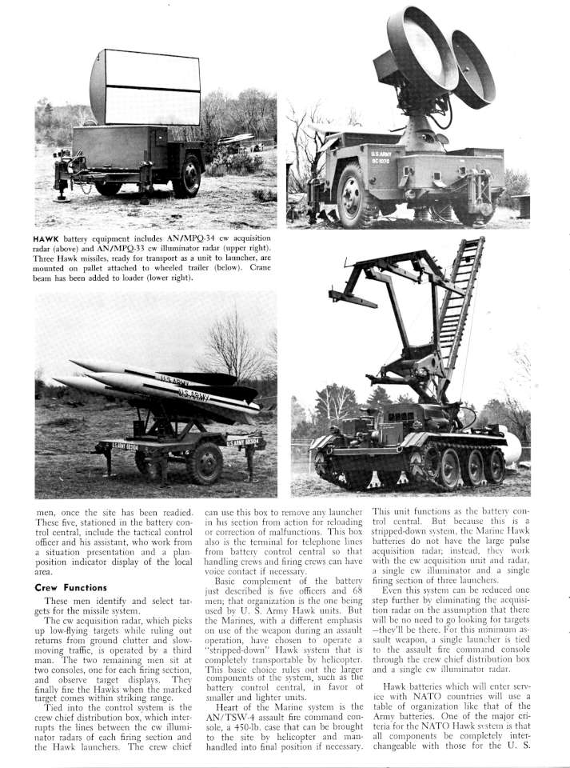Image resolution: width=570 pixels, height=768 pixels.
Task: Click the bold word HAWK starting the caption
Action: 50,238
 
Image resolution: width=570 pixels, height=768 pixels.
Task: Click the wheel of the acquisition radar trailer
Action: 187,176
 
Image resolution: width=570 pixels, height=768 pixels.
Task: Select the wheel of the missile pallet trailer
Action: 205,462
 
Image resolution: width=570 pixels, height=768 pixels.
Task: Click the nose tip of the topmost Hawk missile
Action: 71,363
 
